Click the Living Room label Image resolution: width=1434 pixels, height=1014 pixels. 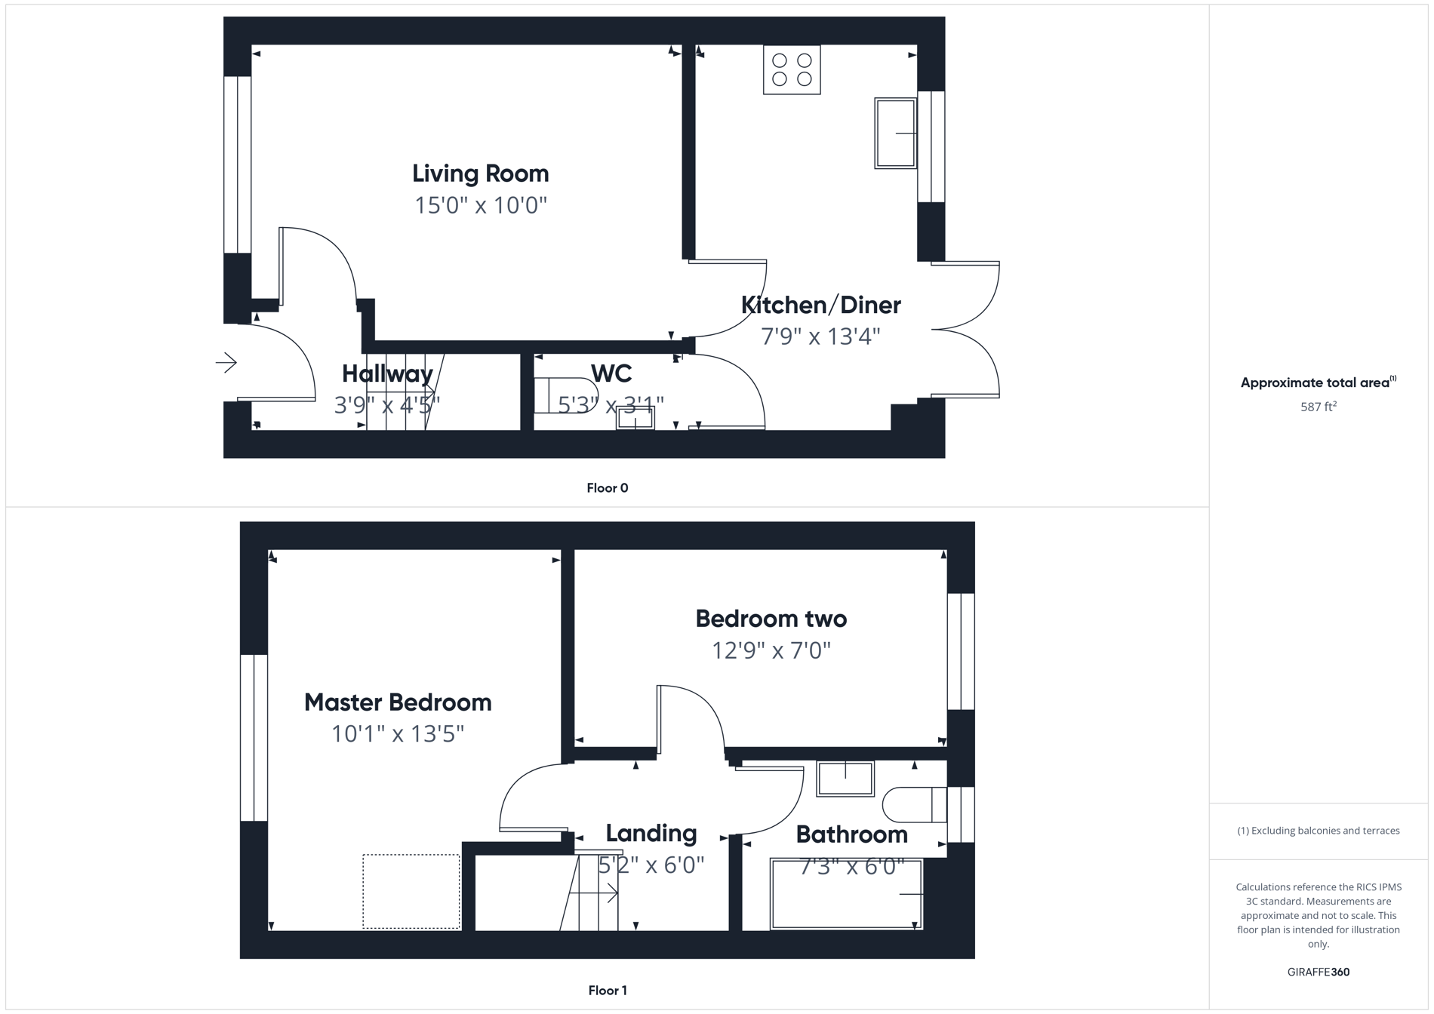480,174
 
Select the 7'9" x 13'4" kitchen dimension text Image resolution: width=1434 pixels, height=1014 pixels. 820,336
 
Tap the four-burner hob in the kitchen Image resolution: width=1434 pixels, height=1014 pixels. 792,70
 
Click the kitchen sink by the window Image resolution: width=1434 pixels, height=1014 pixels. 895,134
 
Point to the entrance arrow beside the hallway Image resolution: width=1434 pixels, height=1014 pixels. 226,363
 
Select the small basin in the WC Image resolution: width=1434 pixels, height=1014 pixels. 635,418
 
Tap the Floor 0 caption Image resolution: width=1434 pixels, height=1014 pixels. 607,488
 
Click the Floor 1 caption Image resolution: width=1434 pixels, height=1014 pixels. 607,991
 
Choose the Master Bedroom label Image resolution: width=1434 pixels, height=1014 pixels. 398,702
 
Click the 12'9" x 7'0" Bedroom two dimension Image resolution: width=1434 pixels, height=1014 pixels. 771,650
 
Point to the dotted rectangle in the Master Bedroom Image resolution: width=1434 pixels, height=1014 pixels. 411,891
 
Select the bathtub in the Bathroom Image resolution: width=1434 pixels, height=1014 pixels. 845,895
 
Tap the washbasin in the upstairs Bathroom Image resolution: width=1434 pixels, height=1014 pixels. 845,779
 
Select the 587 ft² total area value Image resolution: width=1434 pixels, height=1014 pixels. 1318,407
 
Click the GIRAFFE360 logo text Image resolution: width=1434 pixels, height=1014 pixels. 1318,972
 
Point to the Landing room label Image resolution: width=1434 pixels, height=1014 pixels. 651,834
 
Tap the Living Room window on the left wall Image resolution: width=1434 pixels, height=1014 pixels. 237,164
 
